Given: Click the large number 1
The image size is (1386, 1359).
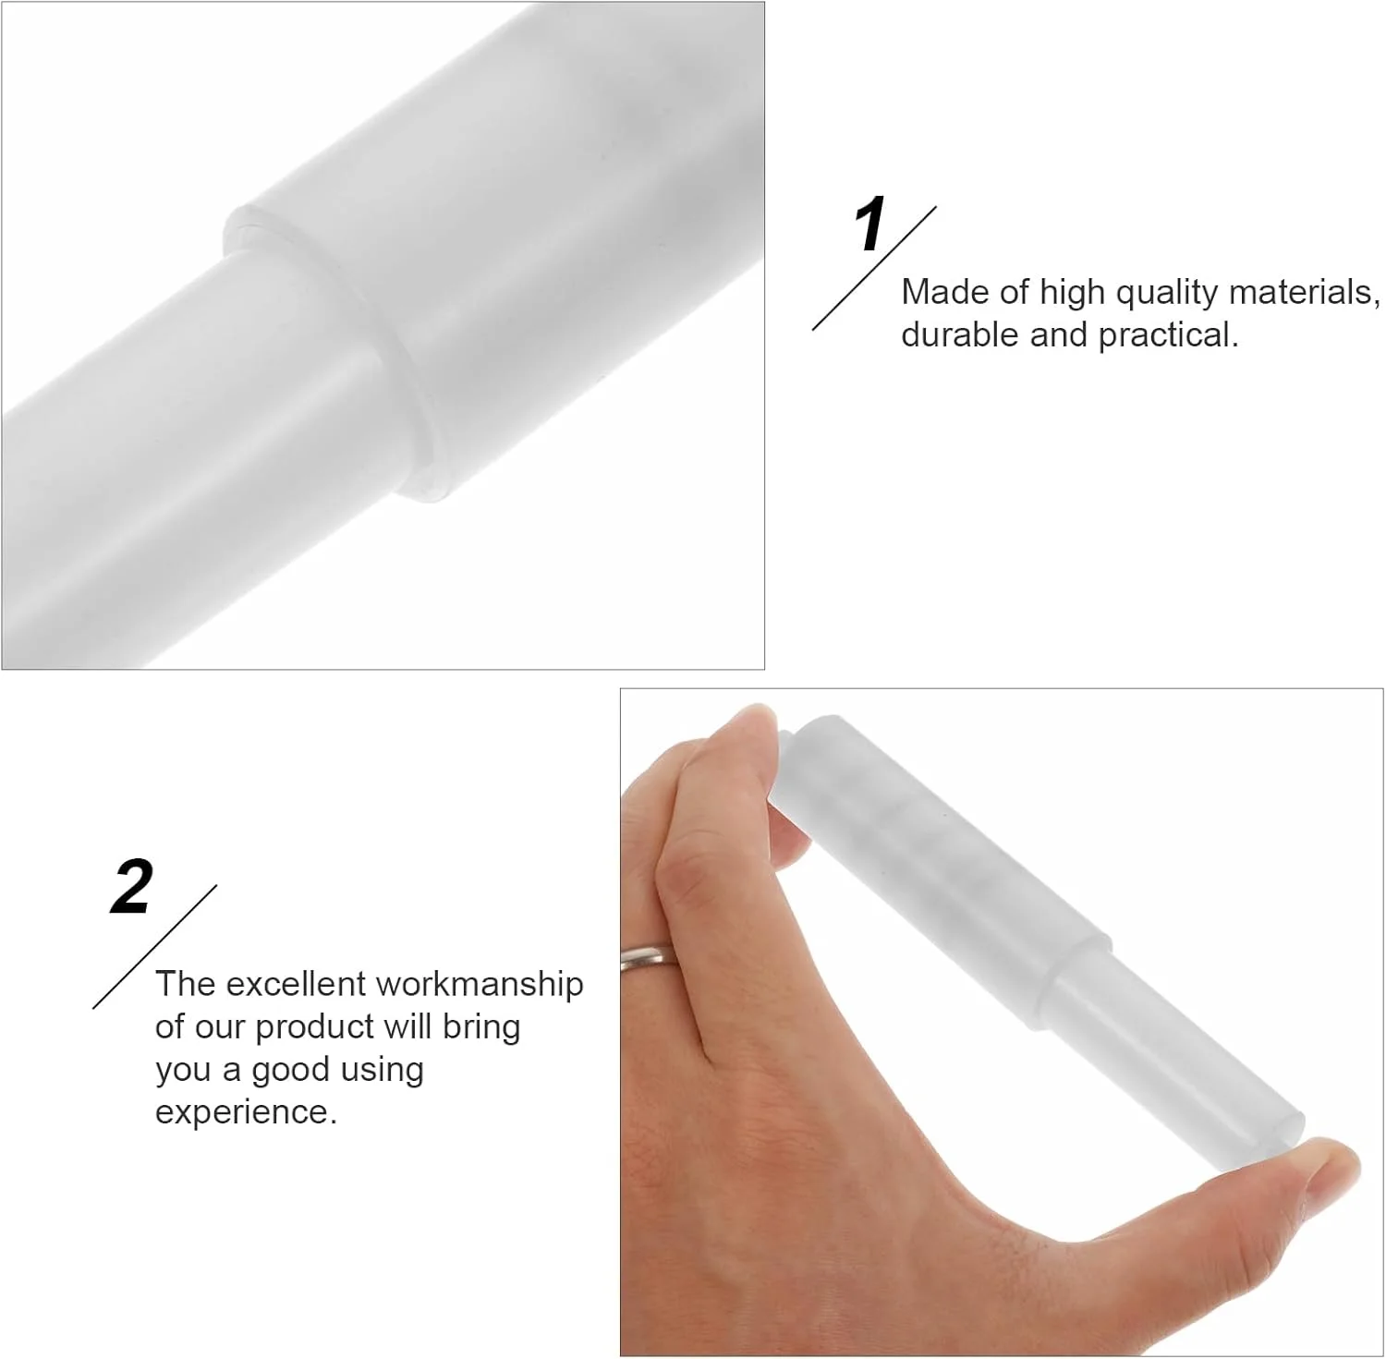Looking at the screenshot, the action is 871,224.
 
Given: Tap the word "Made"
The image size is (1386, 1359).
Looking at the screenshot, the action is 936,292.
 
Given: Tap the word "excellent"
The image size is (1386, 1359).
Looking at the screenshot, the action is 296,984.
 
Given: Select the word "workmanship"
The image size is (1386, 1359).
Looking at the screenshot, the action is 480,985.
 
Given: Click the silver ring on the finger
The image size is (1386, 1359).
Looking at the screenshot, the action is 650,957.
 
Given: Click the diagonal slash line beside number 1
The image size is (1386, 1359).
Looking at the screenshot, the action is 874,268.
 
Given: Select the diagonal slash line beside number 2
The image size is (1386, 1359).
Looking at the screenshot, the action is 155,946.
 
